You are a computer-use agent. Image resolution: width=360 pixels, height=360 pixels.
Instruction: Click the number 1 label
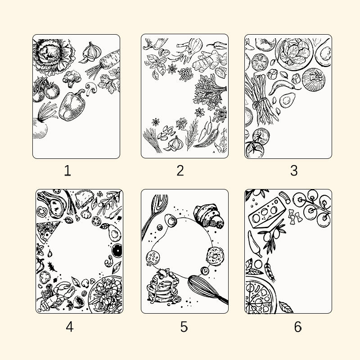tap(67, 171)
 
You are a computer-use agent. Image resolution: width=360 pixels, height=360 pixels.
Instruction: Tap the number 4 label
tap(70, 327)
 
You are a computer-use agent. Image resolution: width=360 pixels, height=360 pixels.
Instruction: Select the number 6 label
tap(298, 327)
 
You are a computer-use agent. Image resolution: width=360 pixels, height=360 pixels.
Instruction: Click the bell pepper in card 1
tap(72, 105)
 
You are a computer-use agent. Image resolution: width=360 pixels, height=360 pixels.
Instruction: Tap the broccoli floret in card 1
tap(72, 78)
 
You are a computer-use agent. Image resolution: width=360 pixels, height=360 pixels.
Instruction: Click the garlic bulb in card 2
tap(175, 144)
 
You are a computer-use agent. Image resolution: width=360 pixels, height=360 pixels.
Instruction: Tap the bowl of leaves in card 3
tap(294, 53)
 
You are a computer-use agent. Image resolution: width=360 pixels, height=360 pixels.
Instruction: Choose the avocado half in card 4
tap(115, 233)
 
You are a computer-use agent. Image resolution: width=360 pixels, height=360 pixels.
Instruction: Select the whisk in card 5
tap(207, 289)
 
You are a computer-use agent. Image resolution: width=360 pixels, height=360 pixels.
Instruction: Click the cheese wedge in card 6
tap(267, 213)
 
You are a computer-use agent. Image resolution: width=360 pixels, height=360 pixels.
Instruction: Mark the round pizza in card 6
tap(260, 295)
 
